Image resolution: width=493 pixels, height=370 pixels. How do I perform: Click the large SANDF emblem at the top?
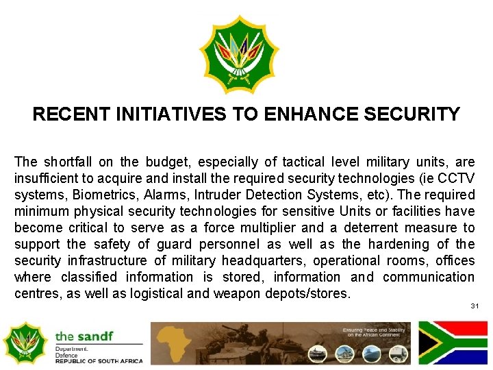tap(239, 55)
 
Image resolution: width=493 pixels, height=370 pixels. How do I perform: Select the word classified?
tap(93, 277)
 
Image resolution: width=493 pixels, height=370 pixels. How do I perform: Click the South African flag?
tap(453, 343)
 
